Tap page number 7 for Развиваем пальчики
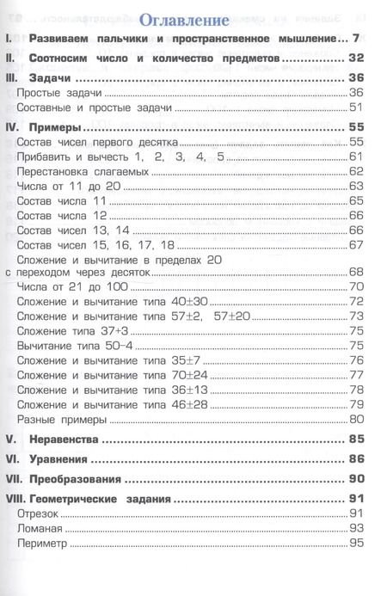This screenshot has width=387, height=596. click(364, 40)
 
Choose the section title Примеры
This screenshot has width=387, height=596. click(58, 126)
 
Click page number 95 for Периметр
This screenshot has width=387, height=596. click(359, 542)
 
